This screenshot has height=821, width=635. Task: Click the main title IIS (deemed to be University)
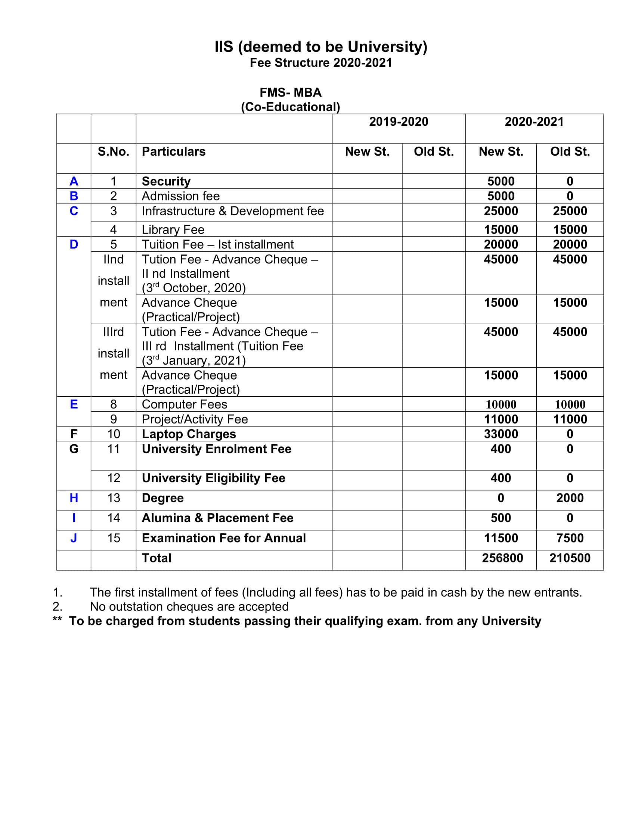(x=320, y=47)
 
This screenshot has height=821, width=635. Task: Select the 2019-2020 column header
(x=399, y=122)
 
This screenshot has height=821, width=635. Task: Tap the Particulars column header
(x=173, y=152)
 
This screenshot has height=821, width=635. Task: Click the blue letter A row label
(x=74, y=181)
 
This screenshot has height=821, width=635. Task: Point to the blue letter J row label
(x=74, y=538)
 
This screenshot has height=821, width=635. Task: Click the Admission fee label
(x=180, y=196)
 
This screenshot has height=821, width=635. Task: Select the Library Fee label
(x=173, y=230)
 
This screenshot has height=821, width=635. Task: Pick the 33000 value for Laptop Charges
(x=501, y=434)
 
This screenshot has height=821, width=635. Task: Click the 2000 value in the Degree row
(x=570, y=498)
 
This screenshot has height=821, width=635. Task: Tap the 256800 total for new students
(x=502, y=558)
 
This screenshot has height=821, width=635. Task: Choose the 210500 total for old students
(x=570, y=558)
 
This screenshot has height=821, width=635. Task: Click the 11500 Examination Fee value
(x=501, y=538)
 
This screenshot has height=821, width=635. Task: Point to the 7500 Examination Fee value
(x=570, y=538)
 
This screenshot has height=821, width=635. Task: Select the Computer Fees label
(x=184, y=405)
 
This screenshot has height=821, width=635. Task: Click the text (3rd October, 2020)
(x=193, y=288)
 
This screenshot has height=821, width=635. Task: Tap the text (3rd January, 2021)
(x=193, y=360)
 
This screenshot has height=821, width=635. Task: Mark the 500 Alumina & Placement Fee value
(x=501, y=518)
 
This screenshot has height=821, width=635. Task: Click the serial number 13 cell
(x=114, y=498)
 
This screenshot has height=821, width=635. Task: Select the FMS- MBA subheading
(x=290, y=93)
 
